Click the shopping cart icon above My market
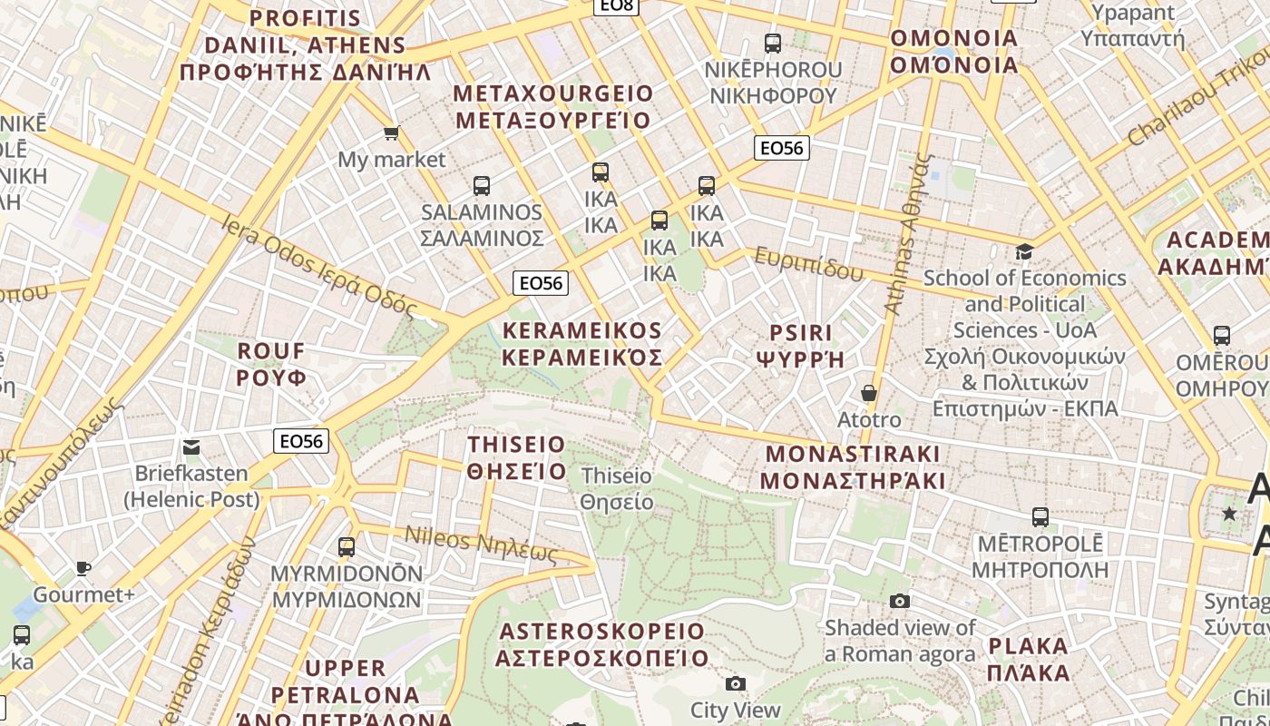click(392, 133)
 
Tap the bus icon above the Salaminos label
click(482, 186)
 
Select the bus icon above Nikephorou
click(773, 43)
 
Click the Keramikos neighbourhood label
click(581, 343)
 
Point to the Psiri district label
click(800, 346)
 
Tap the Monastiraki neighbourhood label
click(853, 467)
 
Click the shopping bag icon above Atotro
click(869, 393)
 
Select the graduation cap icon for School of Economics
click(1024, 251)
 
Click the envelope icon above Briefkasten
click(191, 446)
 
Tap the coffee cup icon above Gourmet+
click(83, 569)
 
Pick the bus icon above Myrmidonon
click(347, 547)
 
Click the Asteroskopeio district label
click(602, 644)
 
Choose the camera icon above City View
click(736, 683)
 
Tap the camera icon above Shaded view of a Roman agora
click(900, 601)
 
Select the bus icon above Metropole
click(1040, 517)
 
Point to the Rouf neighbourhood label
click(271, 364)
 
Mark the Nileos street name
click(481, 544)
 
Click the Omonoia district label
click(954, 52)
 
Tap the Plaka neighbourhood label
click(1029, 660)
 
